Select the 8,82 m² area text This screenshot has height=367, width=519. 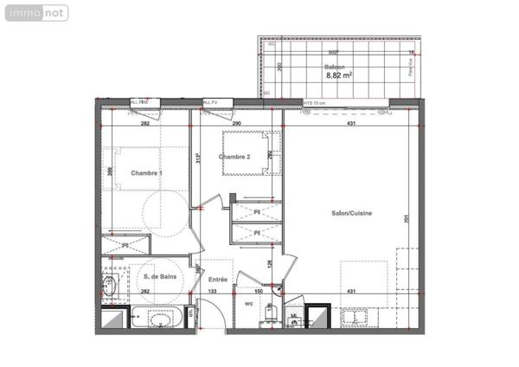point(337,75)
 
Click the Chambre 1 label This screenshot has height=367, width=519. point(146,173)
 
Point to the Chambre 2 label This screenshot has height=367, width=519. point(234,157)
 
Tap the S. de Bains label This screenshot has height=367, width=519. point(157,276)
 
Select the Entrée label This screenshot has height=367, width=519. point(218,279)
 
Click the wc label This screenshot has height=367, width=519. point(248,304)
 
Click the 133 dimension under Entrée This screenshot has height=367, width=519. point(212,293)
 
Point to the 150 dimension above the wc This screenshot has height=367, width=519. point(259,293)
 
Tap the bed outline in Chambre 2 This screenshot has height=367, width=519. point(252,152)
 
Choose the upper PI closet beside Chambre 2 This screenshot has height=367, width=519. point(257,211)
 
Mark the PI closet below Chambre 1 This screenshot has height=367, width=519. point(126,246)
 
